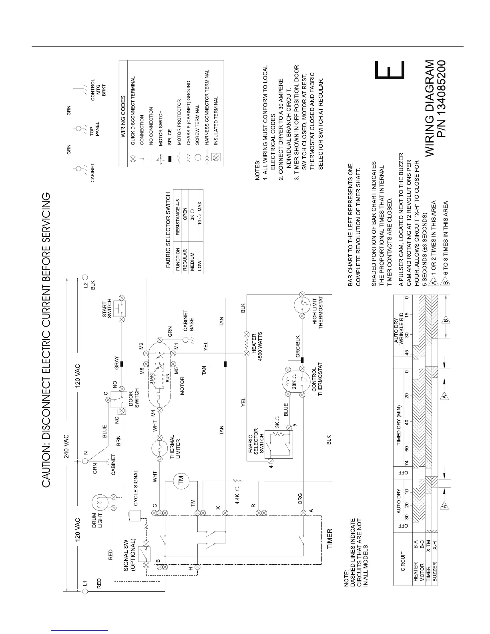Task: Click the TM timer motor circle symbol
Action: (181, 479)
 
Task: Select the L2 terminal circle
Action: (85, 277)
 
